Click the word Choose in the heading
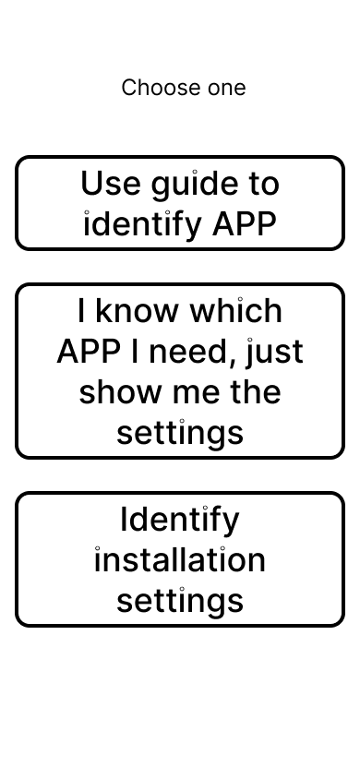(x=151, y=88)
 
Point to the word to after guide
(x=261, y=184)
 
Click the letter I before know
(x=81, y=311)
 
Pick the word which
(x=235, y=311)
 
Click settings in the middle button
(x=180, y=433)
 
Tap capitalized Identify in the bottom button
(x=180, y=521)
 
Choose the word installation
(x=180, y=560)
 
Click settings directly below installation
(x=180, y=601)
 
